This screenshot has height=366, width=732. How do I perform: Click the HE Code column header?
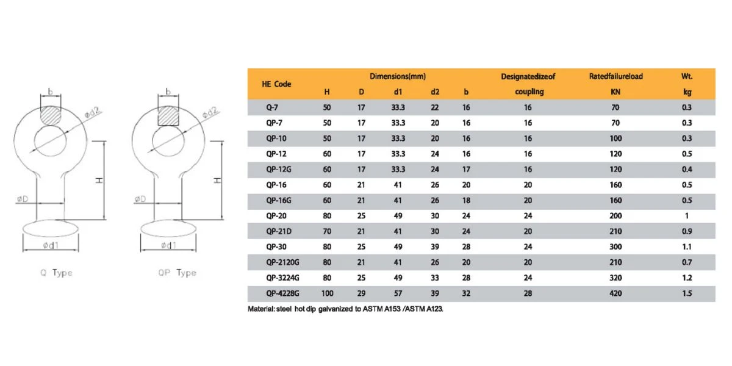coord(276,84)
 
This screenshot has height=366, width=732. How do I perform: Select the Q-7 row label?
coord(272,107)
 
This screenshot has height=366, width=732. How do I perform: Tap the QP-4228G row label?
coord(282,293)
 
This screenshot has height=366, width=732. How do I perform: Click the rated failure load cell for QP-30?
coord(615,246)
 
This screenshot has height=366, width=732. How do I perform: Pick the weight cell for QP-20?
coord(687,216)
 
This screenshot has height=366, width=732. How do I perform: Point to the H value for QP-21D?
coord(327,231)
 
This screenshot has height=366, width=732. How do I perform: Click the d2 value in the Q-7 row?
coord(434,107)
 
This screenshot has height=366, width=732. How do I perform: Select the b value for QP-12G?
coord(466,170)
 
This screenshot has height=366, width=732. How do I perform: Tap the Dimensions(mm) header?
coord(398,76)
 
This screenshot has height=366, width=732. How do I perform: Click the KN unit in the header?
coord(615,92)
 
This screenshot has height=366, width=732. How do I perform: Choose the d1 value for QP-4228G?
coord(398,293)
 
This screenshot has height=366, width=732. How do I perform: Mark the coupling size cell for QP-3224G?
coord(528,278)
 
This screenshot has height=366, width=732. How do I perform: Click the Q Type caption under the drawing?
coord(56,273)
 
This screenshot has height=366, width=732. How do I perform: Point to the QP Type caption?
coord(177,273)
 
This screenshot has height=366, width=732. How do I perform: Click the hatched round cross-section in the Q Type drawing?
coord(51,115)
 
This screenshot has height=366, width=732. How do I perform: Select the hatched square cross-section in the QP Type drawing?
coord(168,116)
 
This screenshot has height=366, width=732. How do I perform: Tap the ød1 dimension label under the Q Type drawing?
coord(51,245)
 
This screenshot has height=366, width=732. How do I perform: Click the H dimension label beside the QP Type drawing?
coord(217,181)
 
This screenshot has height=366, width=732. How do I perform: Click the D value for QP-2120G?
coord(361,262)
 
